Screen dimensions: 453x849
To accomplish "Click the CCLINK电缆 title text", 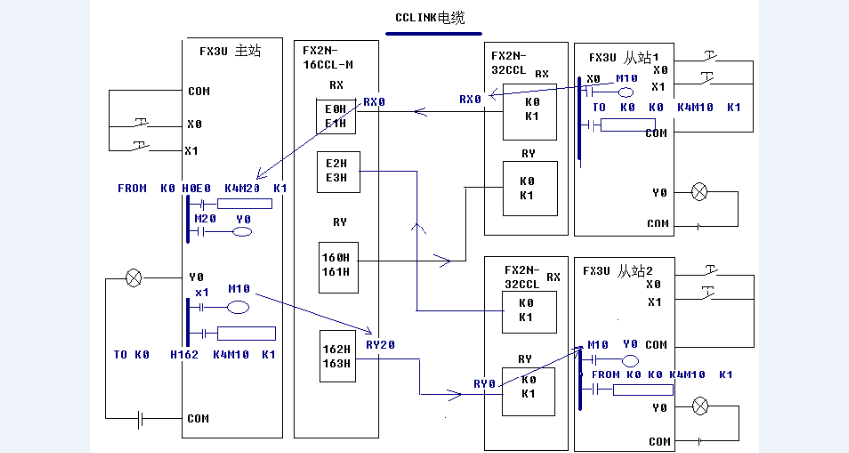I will pos(429,18).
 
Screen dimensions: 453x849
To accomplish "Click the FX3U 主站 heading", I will pos(230,51).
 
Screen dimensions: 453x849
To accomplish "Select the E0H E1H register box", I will pos(336,116).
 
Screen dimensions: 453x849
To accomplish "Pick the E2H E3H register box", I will pos(336,170).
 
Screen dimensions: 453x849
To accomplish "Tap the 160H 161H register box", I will pos(335,264).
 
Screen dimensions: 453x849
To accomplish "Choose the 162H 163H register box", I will pos(335,356).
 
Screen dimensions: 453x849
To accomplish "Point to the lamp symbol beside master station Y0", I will pos(134,278).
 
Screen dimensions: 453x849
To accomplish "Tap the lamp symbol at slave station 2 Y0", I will pos(700,405).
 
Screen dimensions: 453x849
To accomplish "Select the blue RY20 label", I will pos(380,345).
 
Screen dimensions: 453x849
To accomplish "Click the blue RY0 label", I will pos(484,383).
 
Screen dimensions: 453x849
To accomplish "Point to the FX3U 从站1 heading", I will pos(623,57).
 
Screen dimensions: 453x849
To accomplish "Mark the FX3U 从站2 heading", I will pos(619,270).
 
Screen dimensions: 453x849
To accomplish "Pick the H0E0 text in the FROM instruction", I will pos(195,188).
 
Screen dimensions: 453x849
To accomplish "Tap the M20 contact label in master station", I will pos(205,218).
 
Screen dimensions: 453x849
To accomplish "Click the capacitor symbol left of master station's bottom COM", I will pos(141,419).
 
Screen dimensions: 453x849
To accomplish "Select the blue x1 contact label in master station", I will pos(202,292).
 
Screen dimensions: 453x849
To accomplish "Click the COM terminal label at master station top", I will pos(198,91).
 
